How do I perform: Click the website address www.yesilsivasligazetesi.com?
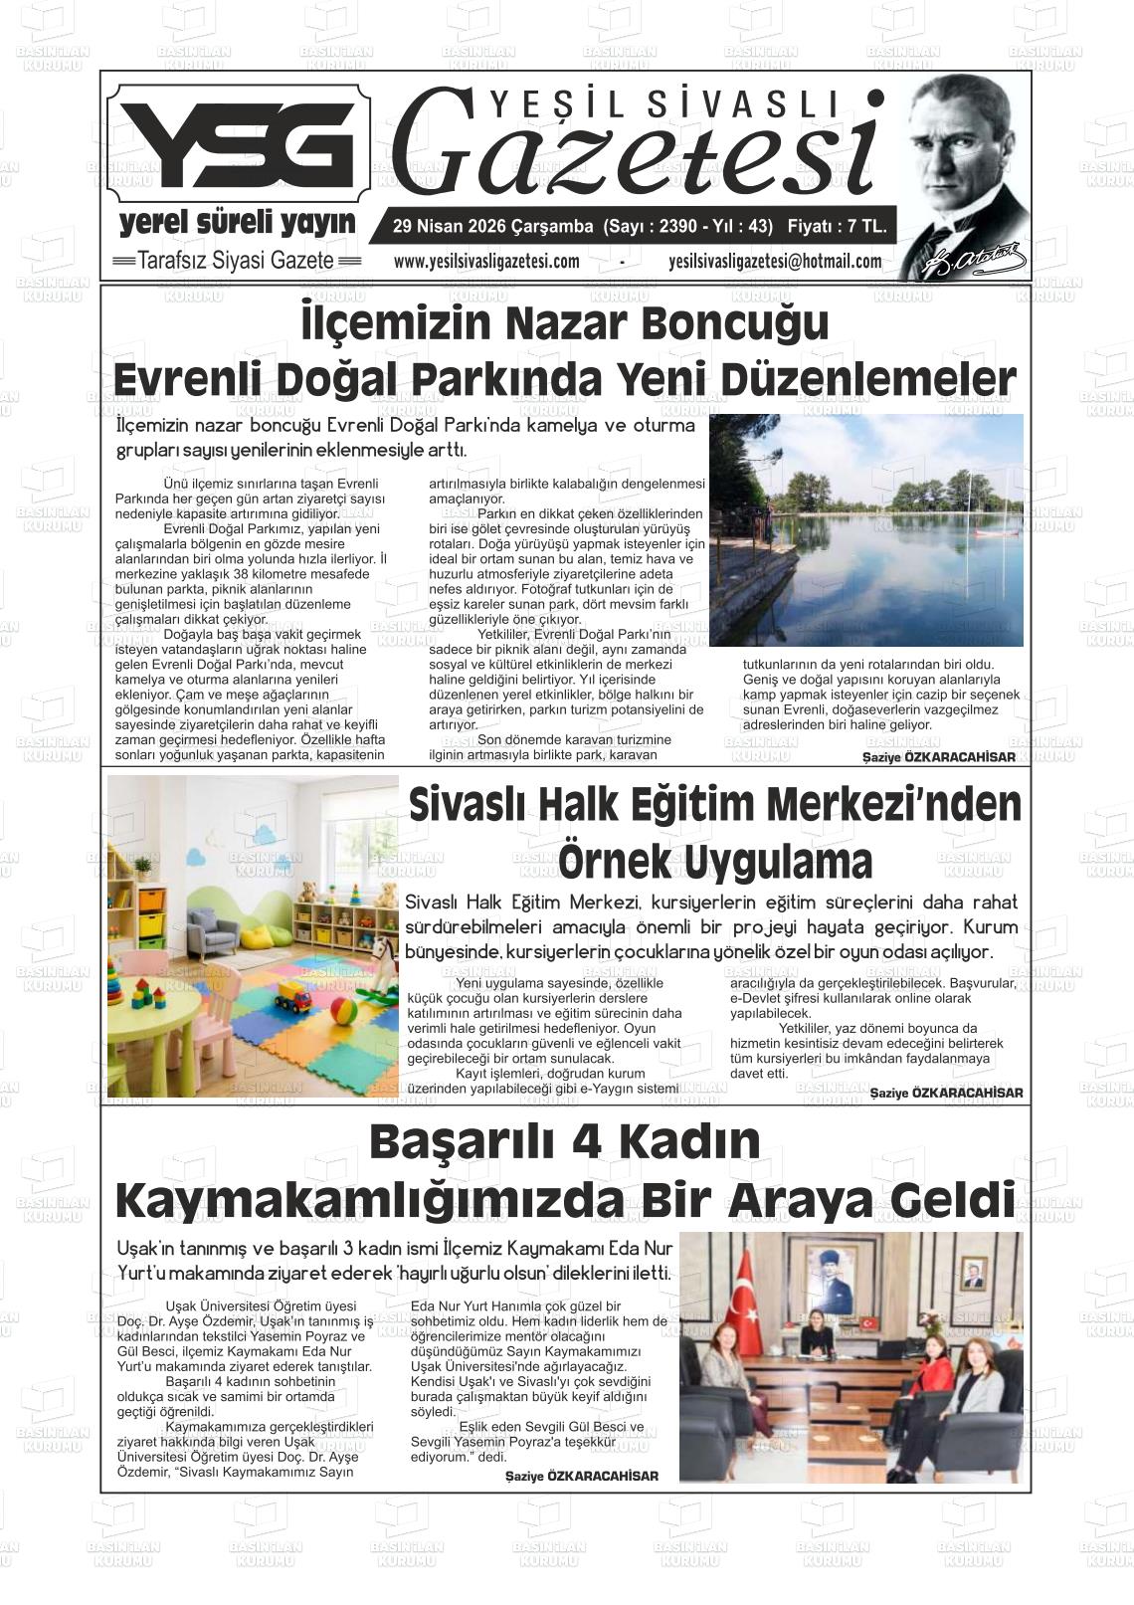486,262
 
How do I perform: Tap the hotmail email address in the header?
775,262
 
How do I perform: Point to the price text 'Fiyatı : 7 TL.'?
837,227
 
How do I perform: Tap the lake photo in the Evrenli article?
865,529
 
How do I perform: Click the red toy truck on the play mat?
293,995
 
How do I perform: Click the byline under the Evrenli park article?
939,757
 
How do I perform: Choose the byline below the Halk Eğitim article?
946,1093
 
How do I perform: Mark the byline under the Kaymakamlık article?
582,1476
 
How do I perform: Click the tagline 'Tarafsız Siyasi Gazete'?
237,261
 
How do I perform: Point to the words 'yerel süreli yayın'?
237,223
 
